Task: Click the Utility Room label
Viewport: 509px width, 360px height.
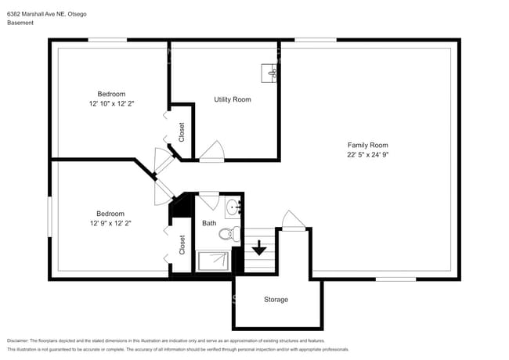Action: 233,99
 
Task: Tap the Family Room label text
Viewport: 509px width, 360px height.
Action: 367,145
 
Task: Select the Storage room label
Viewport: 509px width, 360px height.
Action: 276,300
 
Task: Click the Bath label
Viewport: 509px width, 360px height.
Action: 209,223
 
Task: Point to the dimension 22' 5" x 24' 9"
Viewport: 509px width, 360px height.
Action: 367,155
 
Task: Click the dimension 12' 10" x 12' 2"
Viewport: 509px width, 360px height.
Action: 111,103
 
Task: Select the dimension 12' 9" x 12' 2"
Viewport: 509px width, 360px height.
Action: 110,223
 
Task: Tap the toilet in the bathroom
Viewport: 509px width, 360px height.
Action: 227,233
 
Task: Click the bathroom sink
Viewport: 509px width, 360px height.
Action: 233,207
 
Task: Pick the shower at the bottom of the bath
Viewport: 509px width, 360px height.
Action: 213,261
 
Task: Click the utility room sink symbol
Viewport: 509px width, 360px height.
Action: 271,73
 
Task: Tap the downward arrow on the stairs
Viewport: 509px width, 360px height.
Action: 258,250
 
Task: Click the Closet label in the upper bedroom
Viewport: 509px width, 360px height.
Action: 182,130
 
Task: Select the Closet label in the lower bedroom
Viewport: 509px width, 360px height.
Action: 182,245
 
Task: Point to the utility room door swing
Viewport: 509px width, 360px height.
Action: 211,150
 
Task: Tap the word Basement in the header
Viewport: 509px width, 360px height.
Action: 20,23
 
